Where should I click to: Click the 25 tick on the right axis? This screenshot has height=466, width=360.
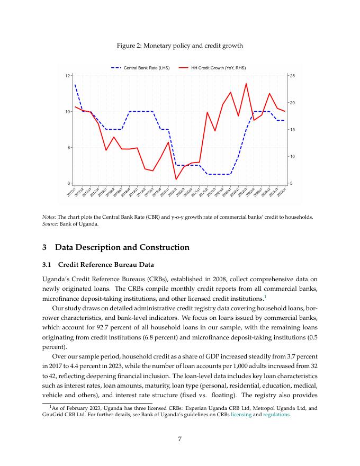pyautogui.click(x=292, y=76)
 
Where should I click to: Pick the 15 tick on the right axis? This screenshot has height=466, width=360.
pyautogui.click(x=292, y=130)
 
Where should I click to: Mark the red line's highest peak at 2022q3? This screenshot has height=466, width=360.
pyautogui.click(x=246, y=84)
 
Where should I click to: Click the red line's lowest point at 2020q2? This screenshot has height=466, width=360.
pyautogui.click(x=176, y=180)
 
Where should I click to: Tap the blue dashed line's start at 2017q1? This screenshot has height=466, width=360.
pyautogui.click(x=75, y=85)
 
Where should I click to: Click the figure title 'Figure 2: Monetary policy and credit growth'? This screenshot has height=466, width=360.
pyautogui.click(x=179, y=46)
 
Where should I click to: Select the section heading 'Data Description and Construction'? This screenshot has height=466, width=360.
pyautogui.click(x=122, y=247)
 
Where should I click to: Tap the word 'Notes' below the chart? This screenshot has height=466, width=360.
pyautogui.click(x=48, y=217)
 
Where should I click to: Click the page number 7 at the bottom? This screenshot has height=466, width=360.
pyautogui.click(x=180, y=438)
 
